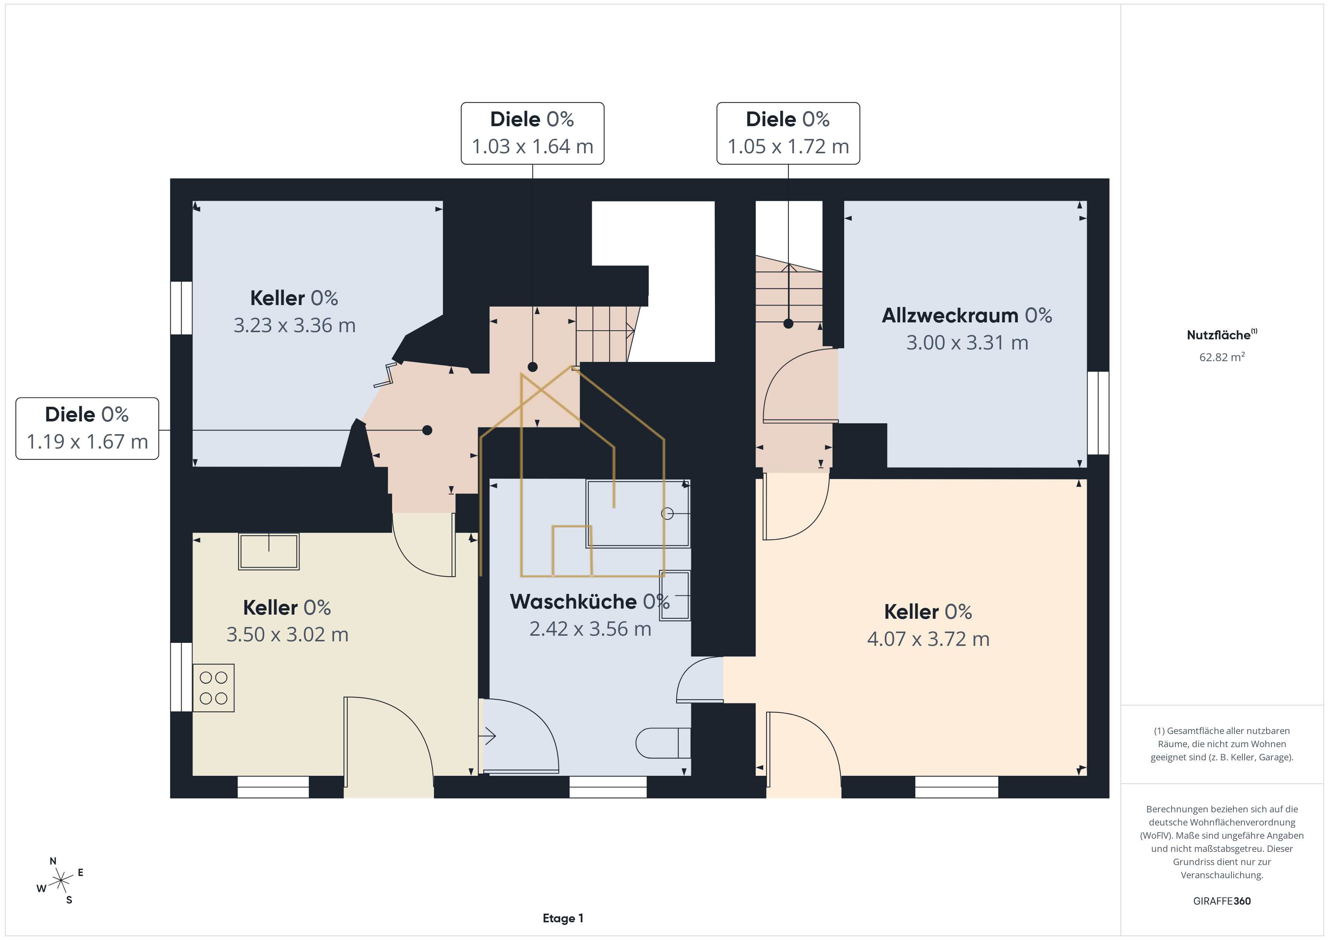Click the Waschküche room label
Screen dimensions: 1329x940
[573, 602]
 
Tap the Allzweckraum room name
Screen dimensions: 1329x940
[950, 316]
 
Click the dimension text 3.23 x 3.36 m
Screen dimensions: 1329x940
[294, 325]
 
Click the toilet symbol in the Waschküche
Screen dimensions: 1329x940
[663, 743]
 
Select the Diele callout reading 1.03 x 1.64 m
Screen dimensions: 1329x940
[533, 133]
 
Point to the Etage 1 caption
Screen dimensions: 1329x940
[563, 918]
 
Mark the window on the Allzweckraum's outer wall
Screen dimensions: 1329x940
[1098, 413]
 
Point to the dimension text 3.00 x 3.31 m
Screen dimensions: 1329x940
[967, 343]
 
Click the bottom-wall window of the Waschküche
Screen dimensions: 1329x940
[608, 787]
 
